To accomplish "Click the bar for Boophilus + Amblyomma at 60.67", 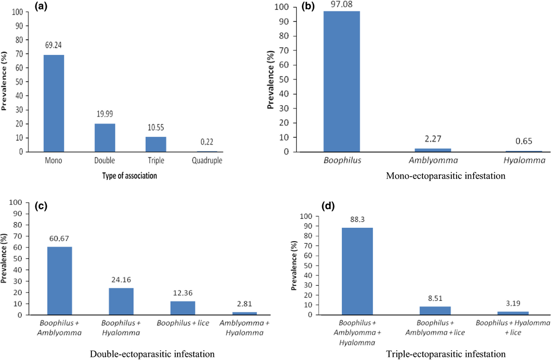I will [x=60, y=281].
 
